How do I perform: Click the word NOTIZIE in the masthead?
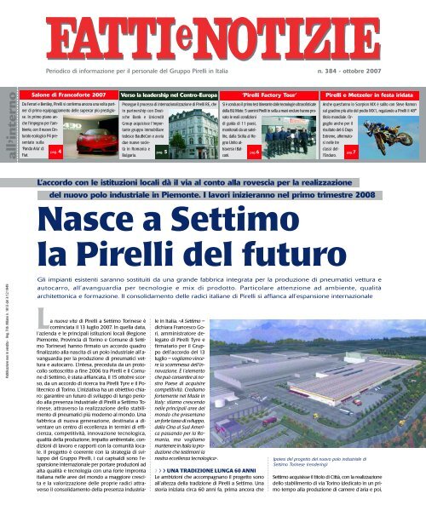(259, 34)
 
